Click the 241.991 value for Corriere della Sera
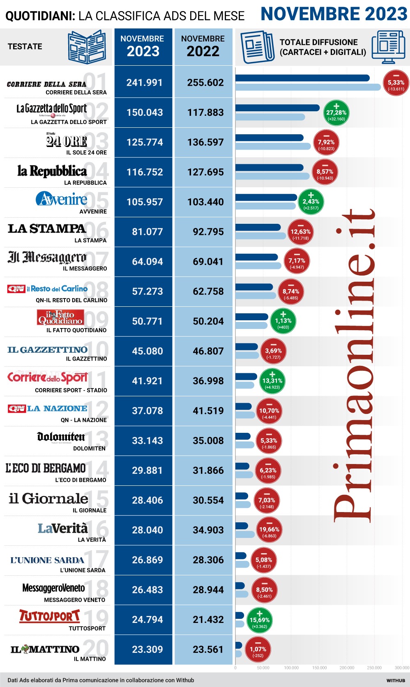[x=144, y=83]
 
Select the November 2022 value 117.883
[x=205, y=113]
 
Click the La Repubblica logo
[x=52, y=171]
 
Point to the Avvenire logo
[x=62, y=199]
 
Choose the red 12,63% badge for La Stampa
[x=300, y=232]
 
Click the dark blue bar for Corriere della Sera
[x=302, y=78]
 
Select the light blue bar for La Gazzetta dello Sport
[x=270, y=117]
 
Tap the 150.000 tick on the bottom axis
[x=319, y=668]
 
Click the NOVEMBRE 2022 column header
[x=203, y=46]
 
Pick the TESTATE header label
[x=25, y=46]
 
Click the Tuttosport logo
[x=49, y=616]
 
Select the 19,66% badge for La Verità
[x=269, y=530]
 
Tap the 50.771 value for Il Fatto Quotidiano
[x=147, y=321]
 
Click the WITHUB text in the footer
[x=396, y=680]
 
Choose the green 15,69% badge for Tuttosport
[x=259, y=620]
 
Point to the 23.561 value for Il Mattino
[x=208, y=650]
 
